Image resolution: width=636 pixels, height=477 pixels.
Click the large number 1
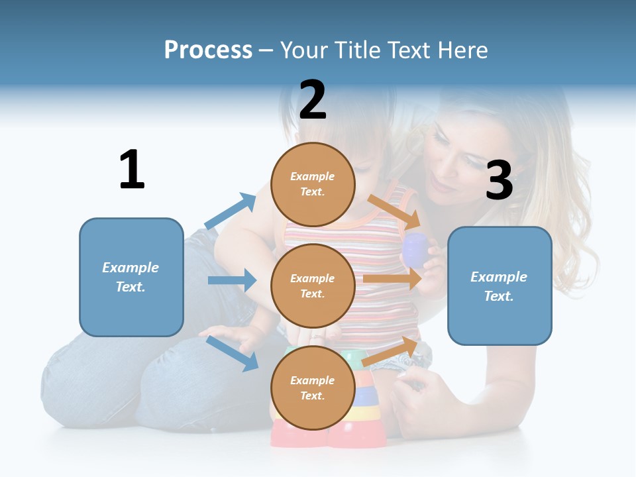132,170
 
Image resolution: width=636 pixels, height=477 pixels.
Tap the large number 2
313,100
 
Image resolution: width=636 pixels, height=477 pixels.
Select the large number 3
499,181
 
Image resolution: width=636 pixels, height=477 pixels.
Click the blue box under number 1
131,277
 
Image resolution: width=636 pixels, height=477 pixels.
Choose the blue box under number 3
500,286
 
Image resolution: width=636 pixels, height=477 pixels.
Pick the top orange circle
313,184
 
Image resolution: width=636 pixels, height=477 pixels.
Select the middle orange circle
313,286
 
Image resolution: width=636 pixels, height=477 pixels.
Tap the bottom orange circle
313,388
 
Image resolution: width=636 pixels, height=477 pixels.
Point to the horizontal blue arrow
233,280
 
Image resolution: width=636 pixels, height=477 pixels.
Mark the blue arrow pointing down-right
233,352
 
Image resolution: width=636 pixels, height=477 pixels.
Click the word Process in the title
208,50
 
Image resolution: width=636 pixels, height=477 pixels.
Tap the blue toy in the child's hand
415,248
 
